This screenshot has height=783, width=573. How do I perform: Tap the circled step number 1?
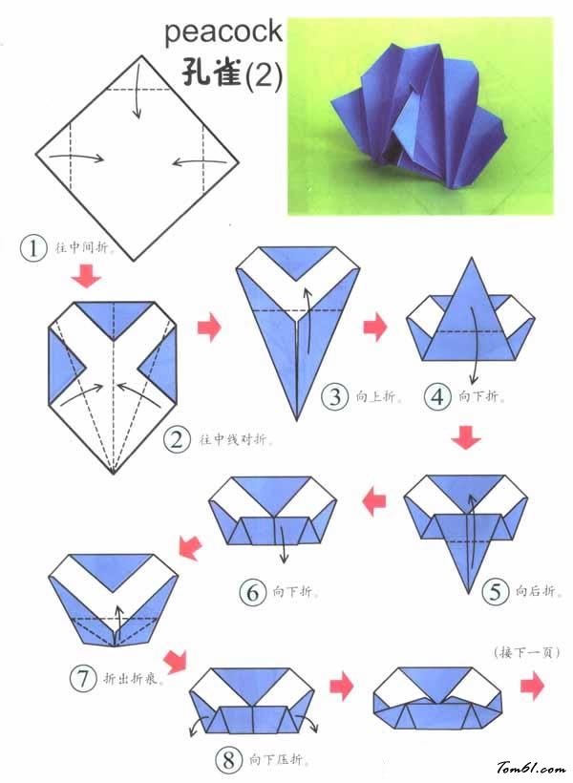pos(33,248)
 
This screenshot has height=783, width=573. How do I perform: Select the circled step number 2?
pos(177,440)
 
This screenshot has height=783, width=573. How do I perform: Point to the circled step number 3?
pos(334,397)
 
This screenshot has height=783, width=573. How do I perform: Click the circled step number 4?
pos(437,397)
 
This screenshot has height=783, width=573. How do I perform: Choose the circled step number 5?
pos(495,592)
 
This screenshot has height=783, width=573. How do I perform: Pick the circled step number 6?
pos(253,593)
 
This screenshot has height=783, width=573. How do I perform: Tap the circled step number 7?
pos(82,679)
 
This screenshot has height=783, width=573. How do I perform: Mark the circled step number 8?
pos(228,760)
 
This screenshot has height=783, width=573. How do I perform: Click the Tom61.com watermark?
pos(531,767)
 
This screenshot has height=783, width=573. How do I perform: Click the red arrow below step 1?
pos(86,276)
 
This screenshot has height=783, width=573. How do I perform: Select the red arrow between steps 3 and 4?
pos(375,328)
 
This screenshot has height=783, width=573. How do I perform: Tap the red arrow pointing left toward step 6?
pos(374,502)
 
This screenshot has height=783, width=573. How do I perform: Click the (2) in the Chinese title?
pos(264,75)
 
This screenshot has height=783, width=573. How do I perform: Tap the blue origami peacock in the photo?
pos(418,114)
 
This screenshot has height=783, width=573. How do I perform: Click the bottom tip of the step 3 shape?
pos(297,420)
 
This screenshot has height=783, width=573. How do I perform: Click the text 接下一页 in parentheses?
pos(526,652)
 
